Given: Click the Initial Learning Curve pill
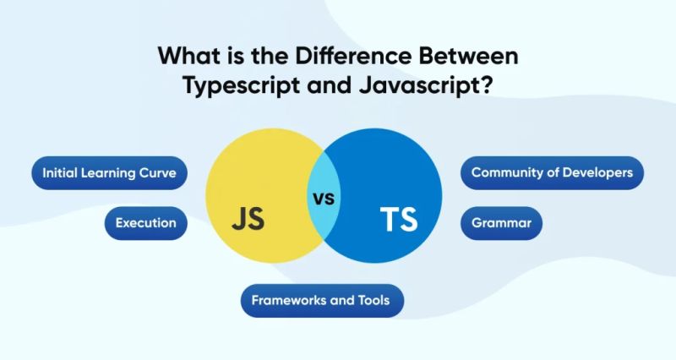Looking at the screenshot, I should point(109,173).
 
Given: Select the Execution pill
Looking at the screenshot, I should point(146,223).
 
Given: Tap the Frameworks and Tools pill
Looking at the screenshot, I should point(322,300).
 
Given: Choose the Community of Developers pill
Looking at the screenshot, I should point(552,173).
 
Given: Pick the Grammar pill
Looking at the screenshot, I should point(501,223).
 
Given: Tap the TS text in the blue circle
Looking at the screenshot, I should point(398,220).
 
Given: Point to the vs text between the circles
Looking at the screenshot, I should point(324,200).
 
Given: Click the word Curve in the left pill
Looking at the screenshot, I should point(158,173).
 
